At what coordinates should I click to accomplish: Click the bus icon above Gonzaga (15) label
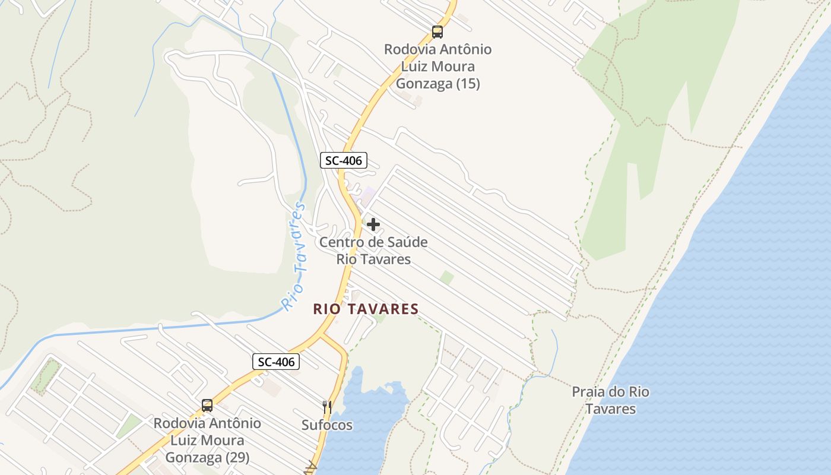(x=437, y=32)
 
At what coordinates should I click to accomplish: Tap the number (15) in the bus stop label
(x=467, y=84)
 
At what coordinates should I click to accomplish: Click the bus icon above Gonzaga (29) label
(x=207, y=406)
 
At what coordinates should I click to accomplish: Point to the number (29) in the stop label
(x=237, y=458)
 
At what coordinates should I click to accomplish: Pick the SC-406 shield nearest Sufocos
(x=276, y=362)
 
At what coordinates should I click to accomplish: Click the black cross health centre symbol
(x=373, y=224)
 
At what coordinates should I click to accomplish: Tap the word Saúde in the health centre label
(x=407, y=242)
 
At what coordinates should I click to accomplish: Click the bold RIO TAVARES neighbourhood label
(x=366, y=309)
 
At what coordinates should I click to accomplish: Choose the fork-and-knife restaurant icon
(x=326, y=407)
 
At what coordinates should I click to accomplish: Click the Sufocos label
(x=326, y=425)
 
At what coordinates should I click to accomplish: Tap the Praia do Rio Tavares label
(x=610, y=400)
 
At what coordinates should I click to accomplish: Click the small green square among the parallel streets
(x=447, y=277)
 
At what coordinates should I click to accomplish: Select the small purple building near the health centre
(x=369, y=194)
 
